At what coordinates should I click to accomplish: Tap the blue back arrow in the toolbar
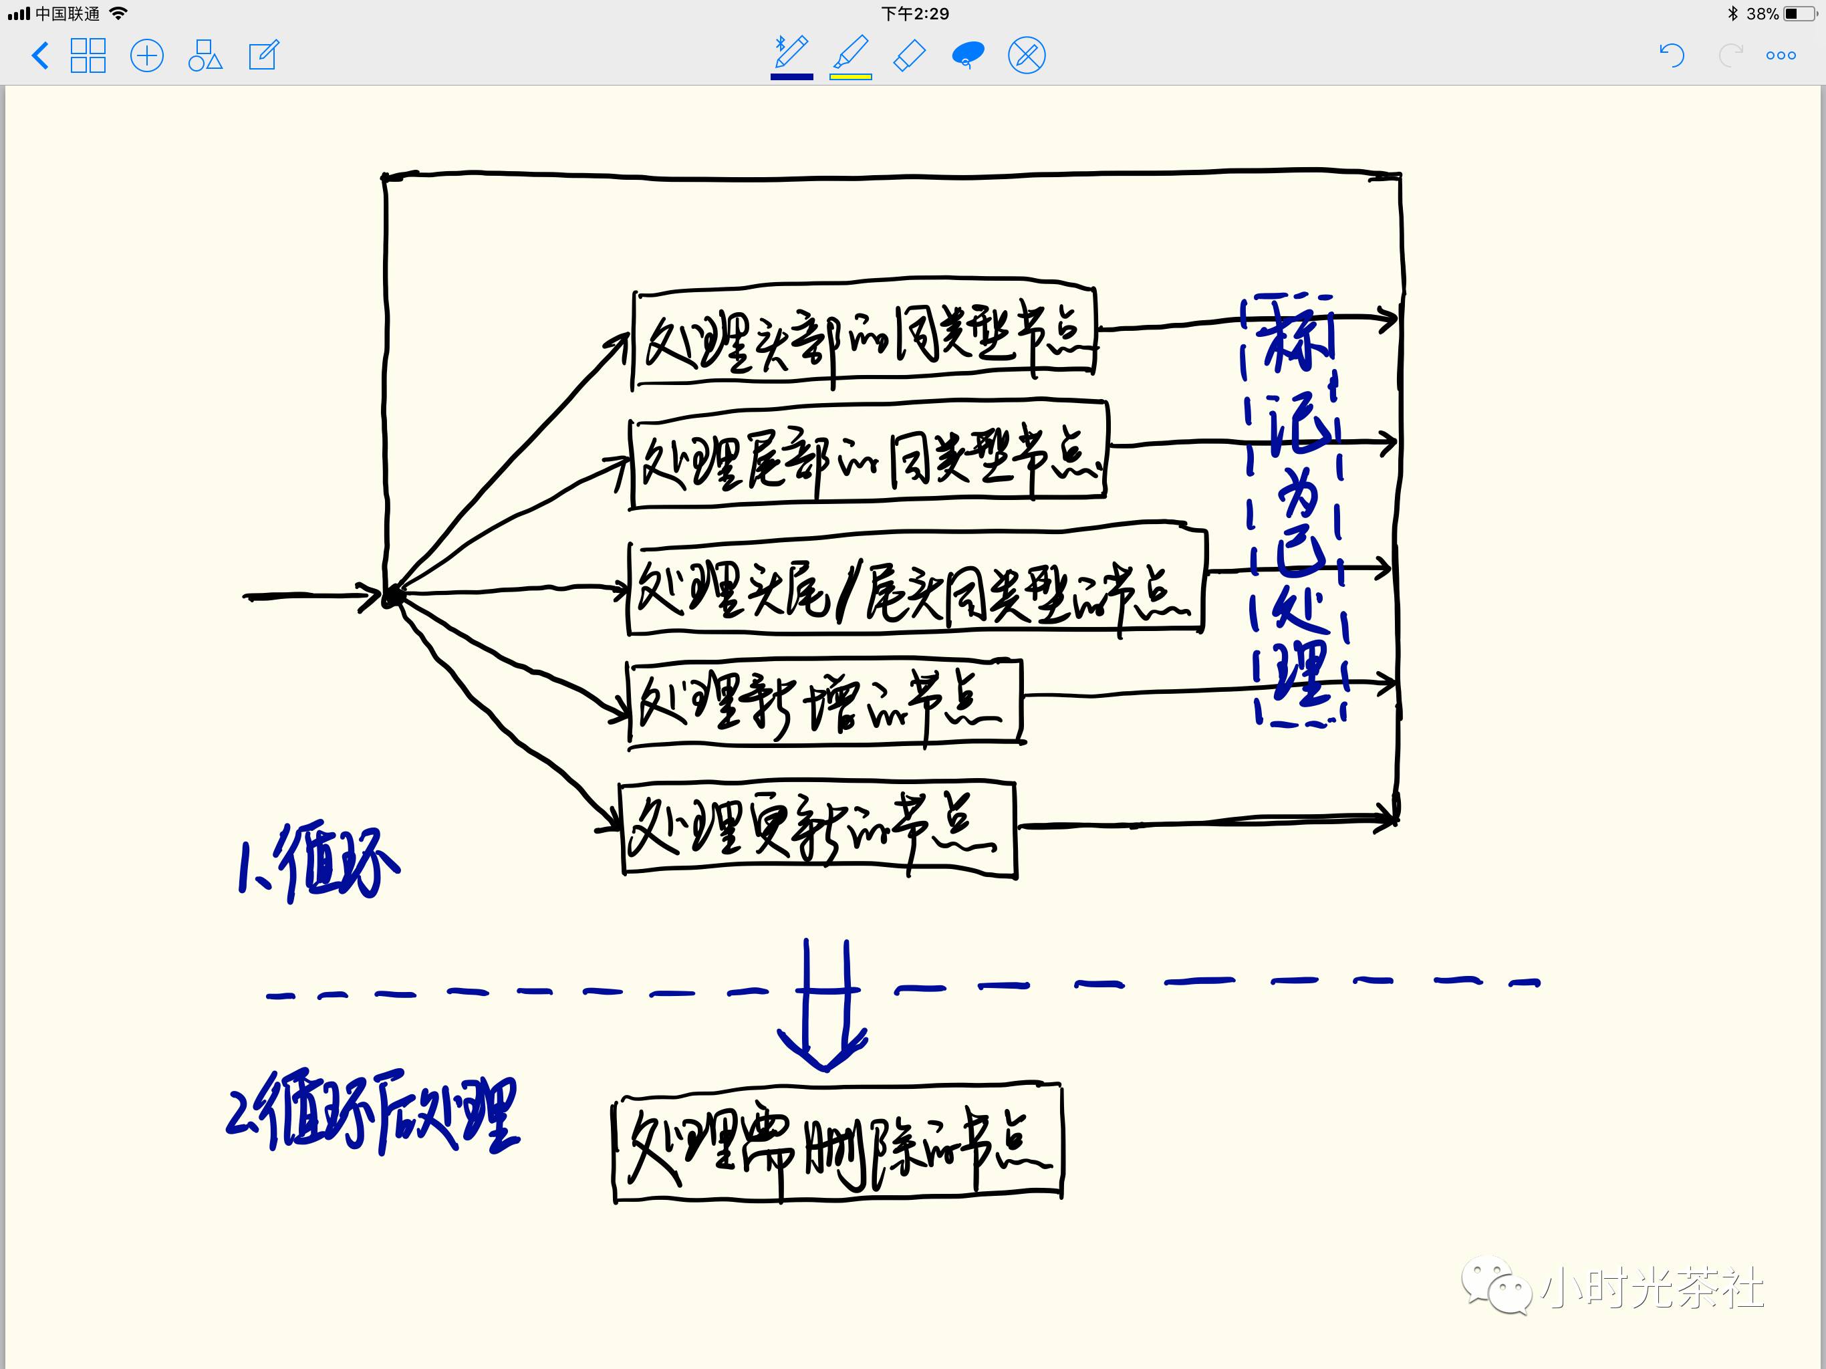pos(39,56)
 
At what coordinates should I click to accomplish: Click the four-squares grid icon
pos(88,56)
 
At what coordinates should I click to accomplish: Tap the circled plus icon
pos(147,56)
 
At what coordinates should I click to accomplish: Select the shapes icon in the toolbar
pos(205,56)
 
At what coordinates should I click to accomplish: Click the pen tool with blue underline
pos(791,55)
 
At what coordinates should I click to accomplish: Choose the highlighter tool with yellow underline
pos(850,55)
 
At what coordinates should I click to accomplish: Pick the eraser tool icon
pos(910,56)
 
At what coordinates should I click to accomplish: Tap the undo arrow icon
pos(1671,55)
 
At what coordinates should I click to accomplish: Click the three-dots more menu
pos(1781,56)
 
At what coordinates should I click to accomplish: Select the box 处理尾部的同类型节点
pos(868,454)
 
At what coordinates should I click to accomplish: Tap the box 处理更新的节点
pos(817,828)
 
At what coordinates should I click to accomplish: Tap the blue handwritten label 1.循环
pos(319,863)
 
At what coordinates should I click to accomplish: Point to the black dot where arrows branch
pos(393,596)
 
